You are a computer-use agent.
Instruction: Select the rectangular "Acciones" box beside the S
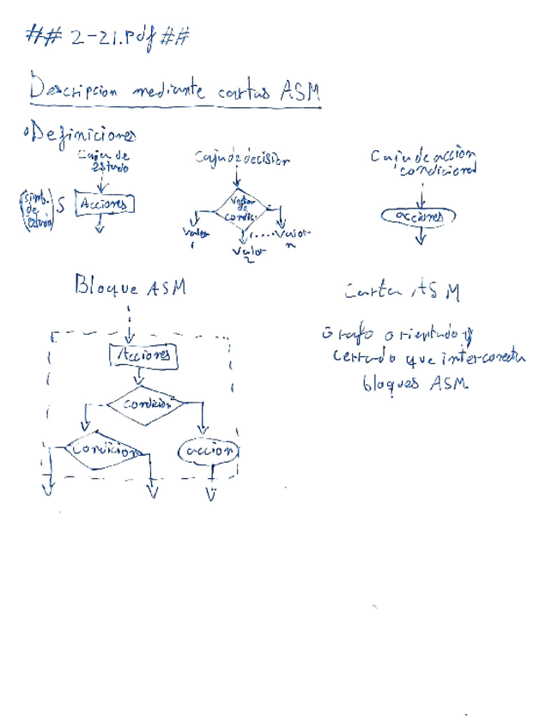106,204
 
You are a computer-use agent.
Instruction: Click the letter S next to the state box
59,206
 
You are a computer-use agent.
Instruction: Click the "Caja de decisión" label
242,159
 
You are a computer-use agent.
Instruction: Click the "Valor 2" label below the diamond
249,253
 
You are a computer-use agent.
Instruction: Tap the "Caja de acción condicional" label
424,161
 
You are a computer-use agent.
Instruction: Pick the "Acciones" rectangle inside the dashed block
143,354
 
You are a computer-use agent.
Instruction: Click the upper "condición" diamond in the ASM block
143,402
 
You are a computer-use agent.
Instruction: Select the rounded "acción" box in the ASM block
208,451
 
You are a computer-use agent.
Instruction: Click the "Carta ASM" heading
402,292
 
